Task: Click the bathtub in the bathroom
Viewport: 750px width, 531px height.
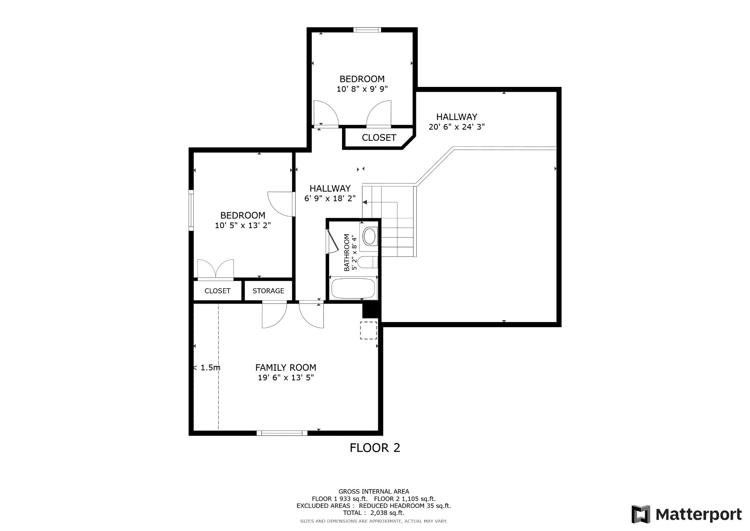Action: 353,288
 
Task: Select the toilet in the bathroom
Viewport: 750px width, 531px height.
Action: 367,262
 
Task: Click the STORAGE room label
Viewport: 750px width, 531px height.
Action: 268,291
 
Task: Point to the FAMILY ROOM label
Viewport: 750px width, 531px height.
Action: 286,367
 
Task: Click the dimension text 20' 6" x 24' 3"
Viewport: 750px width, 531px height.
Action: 457,127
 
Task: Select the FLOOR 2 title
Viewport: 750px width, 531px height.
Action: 375,448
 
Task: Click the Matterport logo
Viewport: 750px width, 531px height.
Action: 687,514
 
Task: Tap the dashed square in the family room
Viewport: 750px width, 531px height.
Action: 368,330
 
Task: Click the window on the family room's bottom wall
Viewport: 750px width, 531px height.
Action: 282,433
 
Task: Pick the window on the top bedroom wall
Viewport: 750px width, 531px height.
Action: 367,30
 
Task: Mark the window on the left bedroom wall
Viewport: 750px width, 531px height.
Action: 191,210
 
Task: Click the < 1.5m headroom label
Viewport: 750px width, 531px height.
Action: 207,367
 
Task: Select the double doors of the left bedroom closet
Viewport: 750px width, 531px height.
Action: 216,269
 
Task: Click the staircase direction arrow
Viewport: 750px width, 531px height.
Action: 380,202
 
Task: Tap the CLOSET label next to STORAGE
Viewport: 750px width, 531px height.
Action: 218,291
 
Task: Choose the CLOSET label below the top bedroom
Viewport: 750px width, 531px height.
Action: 379,138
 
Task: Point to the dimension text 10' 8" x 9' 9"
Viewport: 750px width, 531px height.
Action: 362,89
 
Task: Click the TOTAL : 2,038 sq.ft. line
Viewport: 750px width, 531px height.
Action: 374,513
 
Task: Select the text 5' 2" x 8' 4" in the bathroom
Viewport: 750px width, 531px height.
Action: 354,253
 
